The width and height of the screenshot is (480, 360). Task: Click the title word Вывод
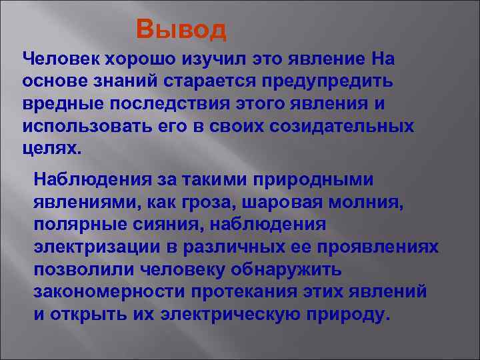pos(181,29)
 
